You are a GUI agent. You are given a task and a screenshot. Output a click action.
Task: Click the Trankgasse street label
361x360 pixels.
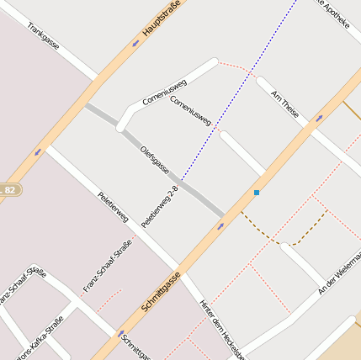pos(43,36)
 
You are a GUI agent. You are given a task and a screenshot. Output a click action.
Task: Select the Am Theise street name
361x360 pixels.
pos(285,105)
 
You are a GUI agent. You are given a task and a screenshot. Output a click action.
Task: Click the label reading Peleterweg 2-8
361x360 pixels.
pos(160,207)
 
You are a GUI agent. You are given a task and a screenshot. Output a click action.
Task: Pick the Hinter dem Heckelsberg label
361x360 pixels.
pos(220,329)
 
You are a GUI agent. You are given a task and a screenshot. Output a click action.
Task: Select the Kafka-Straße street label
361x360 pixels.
pos(40,337)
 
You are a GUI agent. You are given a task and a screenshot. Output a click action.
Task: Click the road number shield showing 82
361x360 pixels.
pos(9,190)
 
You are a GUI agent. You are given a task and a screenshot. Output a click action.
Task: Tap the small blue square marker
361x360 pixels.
pos(257,193)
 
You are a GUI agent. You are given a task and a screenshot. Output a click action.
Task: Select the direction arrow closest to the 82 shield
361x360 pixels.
pos(37,152)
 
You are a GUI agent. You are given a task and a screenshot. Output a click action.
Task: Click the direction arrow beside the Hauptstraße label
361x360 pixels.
pos(135,43)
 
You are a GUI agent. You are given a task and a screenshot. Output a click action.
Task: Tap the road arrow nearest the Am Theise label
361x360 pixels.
pos(318,119)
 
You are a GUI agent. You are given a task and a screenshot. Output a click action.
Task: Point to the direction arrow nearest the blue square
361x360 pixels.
pos(220,225)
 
